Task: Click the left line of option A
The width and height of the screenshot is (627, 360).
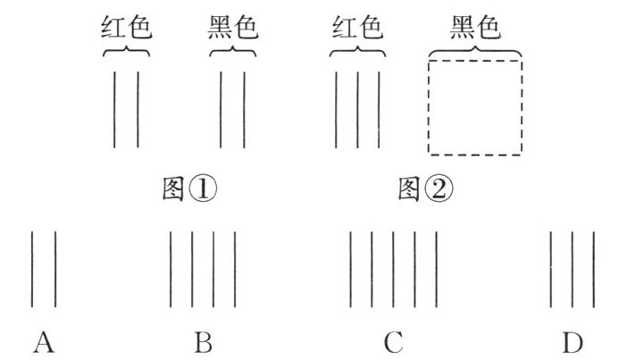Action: pos(33,268)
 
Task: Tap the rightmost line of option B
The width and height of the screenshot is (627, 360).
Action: pos(236,268)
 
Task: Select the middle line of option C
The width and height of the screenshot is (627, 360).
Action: pos(394,268)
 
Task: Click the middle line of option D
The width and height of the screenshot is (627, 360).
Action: pos(573,268)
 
